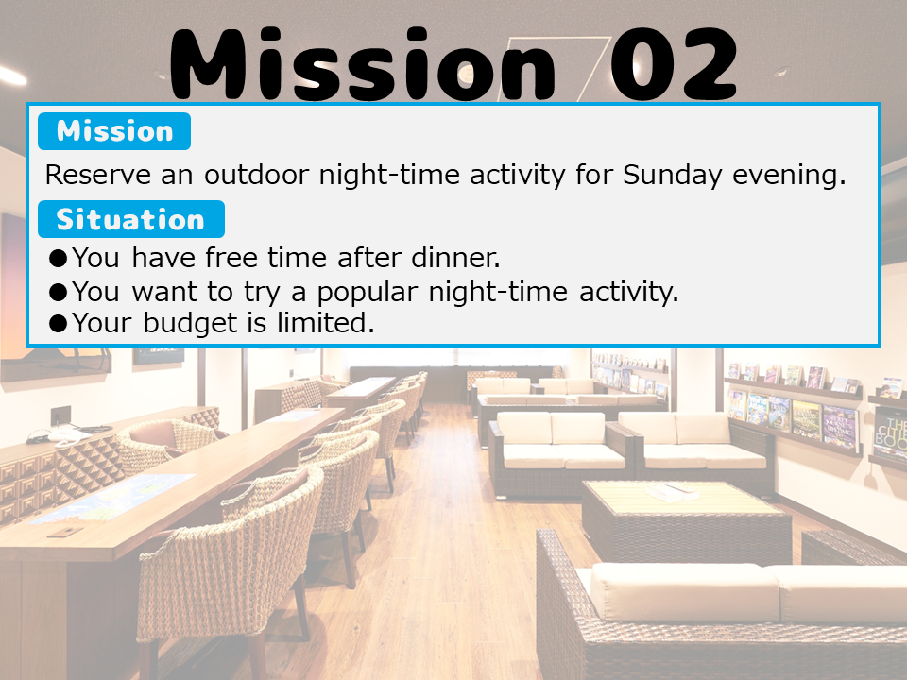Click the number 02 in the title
(x=674, y=63)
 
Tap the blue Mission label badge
(x=114, y=131)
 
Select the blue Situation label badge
(x=131, y=219)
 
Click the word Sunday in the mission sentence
(x=672, y=176)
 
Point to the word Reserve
(x=98, y=175)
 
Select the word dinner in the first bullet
(x=455, y=258)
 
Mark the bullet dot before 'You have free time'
(x=59, y=259)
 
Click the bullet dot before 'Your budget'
(x=59, y=324)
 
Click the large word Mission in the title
(x=363, y=65)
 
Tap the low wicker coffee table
(x=687, y=520)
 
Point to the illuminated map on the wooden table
(x=113, y=497)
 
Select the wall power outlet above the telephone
(x=60, y=415)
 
